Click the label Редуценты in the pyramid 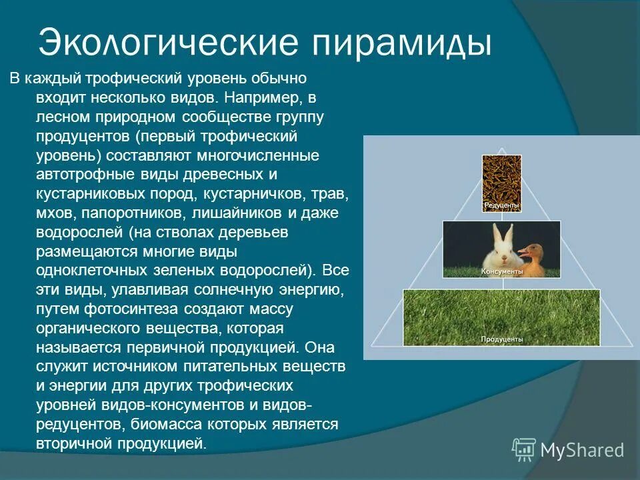501,206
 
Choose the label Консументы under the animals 501,272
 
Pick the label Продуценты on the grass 501,339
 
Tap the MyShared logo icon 524,449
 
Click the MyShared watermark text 582,450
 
